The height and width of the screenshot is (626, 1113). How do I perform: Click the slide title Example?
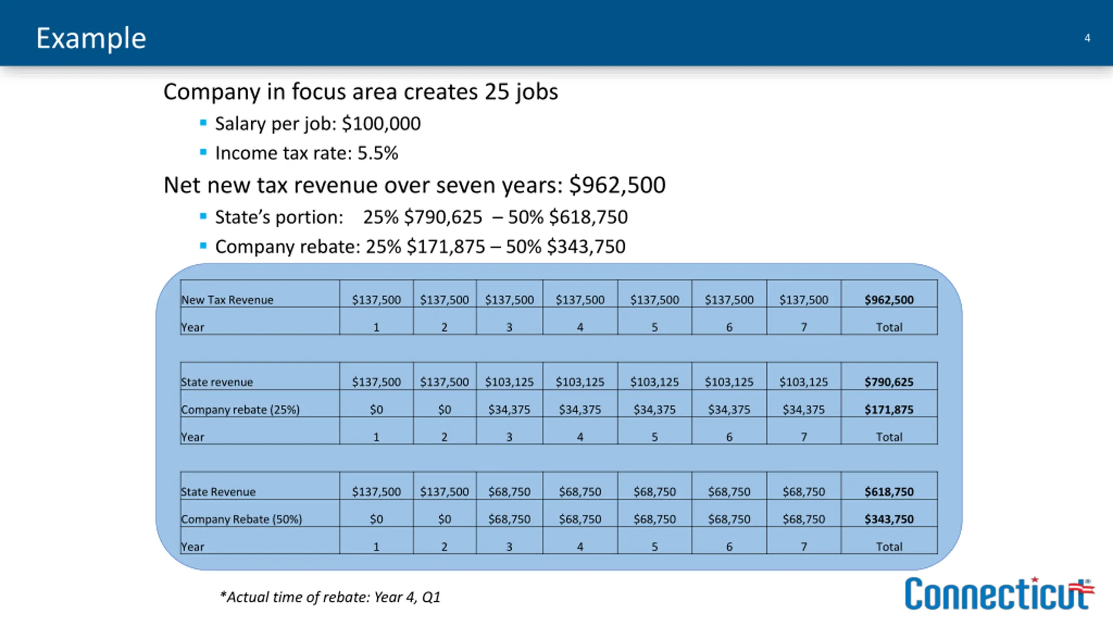91,38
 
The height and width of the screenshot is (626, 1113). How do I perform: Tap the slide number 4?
1087,38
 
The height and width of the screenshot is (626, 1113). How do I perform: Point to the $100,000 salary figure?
381,124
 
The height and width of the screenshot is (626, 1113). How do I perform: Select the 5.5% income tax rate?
377,153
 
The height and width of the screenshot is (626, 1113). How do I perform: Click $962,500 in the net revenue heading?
617,185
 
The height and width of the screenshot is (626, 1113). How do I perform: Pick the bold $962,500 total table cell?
889,300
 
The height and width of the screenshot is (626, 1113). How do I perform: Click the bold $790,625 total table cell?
889,382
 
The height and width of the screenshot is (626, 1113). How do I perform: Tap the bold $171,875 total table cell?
889,410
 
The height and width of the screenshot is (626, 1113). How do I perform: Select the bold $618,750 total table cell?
889,492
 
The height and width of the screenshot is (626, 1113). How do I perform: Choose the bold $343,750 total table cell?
889,519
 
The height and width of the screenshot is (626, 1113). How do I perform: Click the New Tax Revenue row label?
227,300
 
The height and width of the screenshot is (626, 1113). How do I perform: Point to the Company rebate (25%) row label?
240,410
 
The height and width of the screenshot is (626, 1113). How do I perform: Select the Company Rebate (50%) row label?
241,519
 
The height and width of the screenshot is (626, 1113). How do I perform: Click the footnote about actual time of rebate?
330,597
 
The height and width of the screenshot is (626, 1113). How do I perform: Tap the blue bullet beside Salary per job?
203,123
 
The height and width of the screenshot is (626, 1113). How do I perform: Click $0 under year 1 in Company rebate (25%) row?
376,410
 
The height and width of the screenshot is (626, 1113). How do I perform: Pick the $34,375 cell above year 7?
803,410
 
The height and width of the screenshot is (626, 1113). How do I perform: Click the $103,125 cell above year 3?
509,382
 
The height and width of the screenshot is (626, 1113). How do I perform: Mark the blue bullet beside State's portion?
203,216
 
